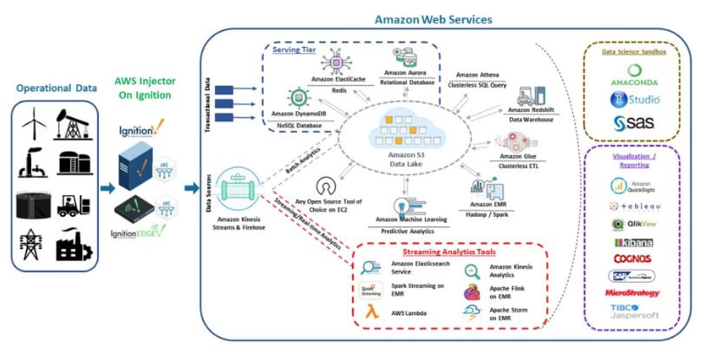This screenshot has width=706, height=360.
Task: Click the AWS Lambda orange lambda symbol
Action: pos(369,313)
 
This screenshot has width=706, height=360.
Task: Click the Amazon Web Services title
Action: pos(433,18)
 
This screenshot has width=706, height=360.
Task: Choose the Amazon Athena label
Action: pos(479,75)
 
